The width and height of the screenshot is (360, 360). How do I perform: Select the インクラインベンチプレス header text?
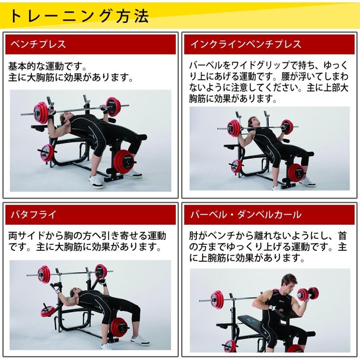tap(245, 44)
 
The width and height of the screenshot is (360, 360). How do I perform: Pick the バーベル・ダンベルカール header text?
tap(245, 215)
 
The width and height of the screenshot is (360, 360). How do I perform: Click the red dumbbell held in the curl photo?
tap(308, 293)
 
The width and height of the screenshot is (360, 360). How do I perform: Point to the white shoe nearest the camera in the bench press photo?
tap(96, 181)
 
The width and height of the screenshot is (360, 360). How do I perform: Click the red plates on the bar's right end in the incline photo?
tap(287, 127)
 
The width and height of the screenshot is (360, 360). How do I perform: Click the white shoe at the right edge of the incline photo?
tap(307, 182)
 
